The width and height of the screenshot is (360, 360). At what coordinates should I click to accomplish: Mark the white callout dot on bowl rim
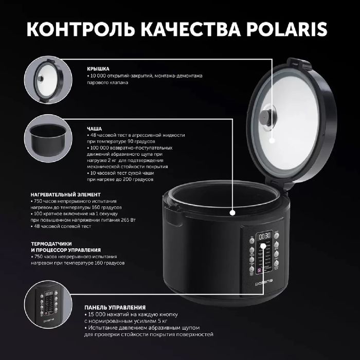232,211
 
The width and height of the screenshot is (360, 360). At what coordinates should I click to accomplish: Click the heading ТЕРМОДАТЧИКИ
55,244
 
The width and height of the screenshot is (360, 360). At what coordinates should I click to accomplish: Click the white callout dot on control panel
264,246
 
